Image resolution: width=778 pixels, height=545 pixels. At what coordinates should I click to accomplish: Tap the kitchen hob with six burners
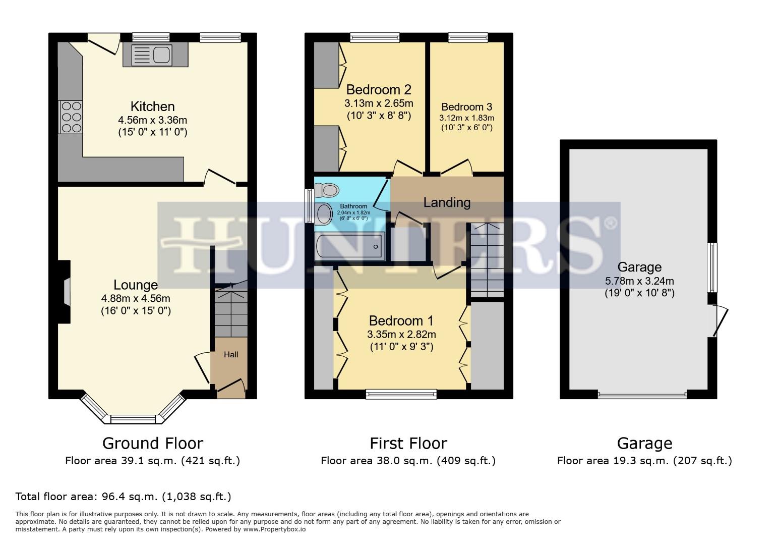pyautogui.click(x=71, y=117)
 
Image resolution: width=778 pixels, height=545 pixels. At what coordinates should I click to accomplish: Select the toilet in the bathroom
pyautogui.click(x=327, y=190)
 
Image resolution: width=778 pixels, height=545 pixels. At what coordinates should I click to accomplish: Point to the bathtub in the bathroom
pyautogui.click(x=349, y=246)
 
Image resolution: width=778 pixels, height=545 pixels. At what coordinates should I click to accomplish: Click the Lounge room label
pyautogui.click(x=135, y=285)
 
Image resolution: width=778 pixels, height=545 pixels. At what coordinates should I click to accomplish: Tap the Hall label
pyautogui.click(x=231, y=355)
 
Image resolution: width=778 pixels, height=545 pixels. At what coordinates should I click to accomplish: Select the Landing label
pyautogui.click(x=447, y=202)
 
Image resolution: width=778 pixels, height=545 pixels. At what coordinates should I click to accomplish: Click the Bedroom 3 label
pyautogui.click(x=466, y=107)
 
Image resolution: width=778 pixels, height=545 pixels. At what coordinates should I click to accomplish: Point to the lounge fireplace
pyautogui.click(x=65, y=292)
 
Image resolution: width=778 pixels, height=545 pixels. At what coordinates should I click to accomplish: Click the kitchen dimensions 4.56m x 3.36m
pyautogui.click(x=152, y=120)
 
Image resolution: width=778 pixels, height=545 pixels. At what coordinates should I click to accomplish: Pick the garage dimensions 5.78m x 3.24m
pyautogui.click(x=639, y=281)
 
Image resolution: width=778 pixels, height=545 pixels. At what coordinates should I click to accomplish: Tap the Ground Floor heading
pyautogui.click(x=152, y=443)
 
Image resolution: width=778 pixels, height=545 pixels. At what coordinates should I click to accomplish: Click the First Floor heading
pyautogui.click(x=408, y=443)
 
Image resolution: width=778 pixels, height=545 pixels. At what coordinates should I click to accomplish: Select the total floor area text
pyautogui.click(x=124, y=497)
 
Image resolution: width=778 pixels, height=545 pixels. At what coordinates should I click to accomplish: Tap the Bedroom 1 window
pyautogui.click(x=401, y=394)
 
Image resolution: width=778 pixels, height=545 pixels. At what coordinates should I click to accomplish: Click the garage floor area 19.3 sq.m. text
pyautogui.click(x=644, y=460)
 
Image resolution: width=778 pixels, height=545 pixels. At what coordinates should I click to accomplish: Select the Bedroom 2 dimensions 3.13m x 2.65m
pyautogui.click(x=379, y=103)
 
